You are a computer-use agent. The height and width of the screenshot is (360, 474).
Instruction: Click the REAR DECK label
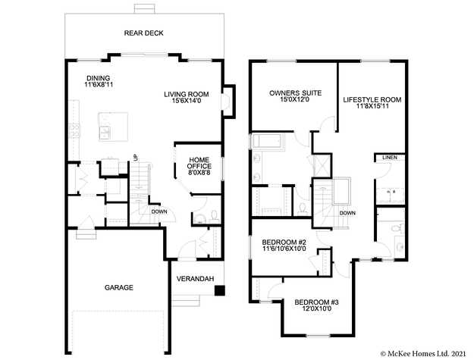(143, 33)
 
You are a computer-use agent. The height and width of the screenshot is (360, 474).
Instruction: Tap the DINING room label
(98, 78)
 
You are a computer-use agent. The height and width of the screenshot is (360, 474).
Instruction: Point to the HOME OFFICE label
(199, 163)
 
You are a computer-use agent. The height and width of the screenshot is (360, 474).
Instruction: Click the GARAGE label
(118, 288)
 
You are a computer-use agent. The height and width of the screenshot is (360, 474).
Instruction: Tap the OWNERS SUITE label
(295, 93)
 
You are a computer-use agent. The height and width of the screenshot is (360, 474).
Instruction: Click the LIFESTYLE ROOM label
(372, 99)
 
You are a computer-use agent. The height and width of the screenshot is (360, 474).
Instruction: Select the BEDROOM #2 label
(284, 242)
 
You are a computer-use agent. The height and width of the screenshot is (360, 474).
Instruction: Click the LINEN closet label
(389, 158)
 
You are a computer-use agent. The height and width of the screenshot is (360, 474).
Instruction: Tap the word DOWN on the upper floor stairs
(347, 213)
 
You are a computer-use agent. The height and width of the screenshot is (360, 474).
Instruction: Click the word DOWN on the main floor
(159, 211)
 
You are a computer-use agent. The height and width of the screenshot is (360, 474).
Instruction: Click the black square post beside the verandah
(219, 290)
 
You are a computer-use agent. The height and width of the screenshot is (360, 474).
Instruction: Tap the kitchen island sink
(106, 131)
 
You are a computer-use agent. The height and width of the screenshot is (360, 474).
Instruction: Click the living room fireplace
(228, 102)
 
